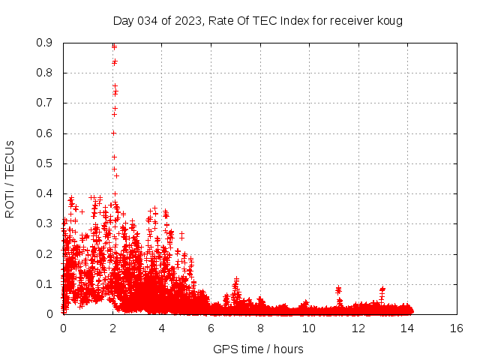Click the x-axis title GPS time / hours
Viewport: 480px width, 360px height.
[258, 349]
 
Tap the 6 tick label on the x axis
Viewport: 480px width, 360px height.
[211, 328]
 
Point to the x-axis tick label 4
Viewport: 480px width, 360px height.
[161, 328]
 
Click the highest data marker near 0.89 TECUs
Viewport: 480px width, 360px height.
[114, 46]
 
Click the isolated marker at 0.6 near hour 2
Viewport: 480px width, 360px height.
[113, 133]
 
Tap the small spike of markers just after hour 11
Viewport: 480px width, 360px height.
[338, 289]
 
